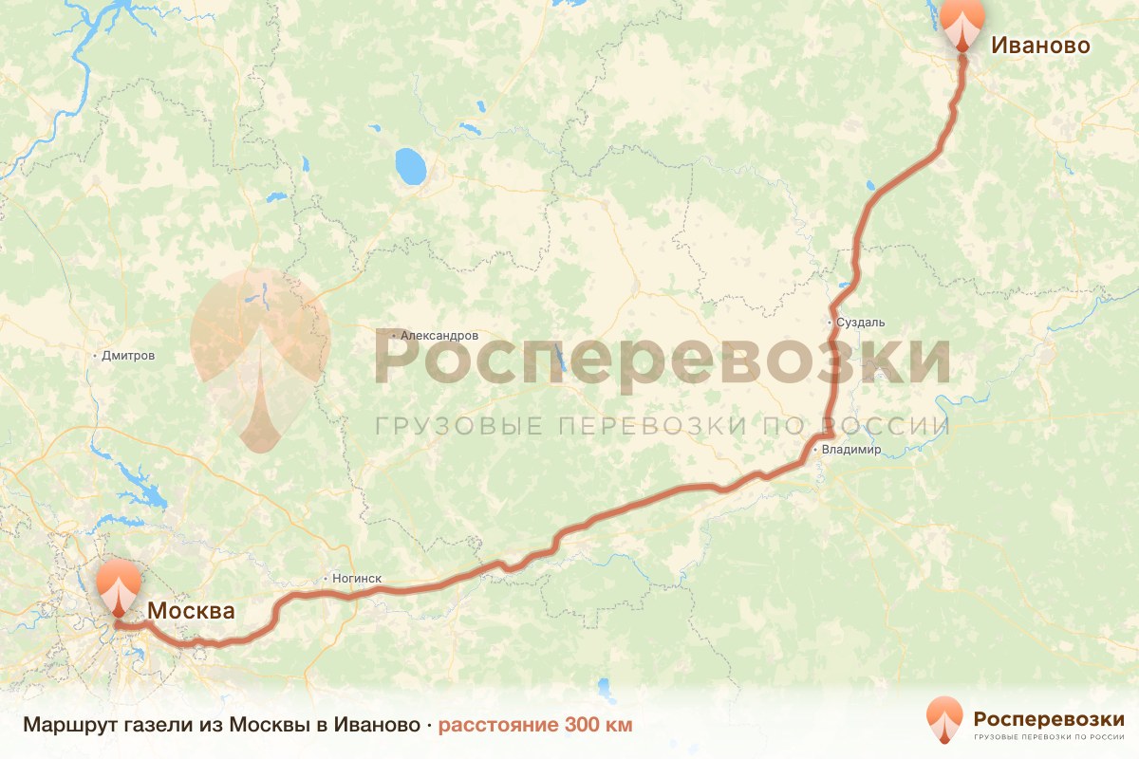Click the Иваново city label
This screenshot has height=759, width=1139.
(x=1040, y=45)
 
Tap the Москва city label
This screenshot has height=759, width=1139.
(x=190, y=611)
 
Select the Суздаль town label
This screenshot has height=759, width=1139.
(x=861, y=323)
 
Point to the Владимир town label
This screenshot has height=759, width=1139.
(x=851, y=450)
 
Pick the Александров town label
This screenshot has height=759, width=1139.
(x=439, y=336)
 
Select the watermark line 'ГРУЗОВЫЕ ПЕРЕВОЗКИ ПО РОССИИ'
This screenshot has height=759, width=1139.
(x=662, y=425)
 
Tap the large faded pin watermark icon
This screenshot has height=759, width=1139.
(x=259, y=351)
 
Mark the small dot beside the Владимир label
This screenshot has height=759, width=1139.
(x=815, y=450)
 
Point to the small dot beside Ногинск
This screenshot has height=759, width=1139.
(x=325, y=578)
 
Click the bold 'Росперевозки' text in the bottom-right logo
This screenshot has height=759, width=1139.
(x=1048, y=718)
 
